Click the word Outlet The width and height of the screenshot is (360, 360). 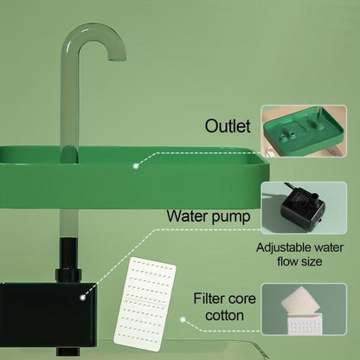(228, 126)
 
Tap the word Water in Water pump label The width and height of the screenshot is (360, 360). (191, 215)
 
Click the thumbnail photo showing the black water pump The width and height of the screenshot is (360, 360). (309, 209)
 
